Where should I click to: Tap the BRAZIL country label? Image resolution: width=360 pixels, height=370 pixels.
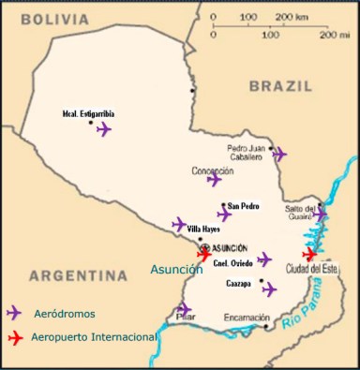pos(279,86)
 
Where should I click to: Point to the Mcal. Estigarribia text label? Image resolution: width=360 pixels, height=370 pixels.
pos(83,114)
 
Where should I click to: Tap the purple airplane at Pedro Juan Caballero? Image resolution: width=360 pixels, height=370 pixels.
pos(279,154)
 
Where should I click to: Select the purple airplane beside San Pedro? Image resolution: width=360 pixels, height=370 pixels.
pos(224,215)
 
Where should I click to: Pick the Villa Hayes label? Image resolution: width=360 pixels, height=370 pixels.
pos(205,229)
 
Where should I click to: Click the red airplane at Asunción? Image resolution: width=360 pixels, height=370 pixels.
pos(203,253)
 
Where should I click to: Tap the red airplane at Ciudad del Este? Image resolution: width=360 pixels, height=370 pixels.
pos(309,254)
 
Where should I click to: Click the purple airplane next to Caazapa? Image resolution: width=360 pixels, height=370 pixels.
pos(269,289)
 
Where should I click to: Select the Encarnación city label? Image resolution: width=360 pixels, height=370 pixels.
pos(247,318)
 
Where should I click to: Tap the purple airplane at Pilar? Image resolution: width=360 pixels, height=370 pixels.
pos(184,309)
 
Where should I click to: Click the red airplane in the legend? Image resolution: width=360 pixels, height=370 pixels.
pos(13,336)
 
